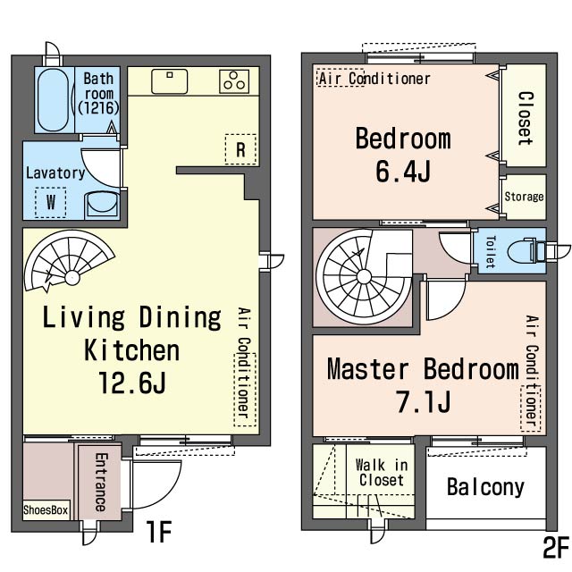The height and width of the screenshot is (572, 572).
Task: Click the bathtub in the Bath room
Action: (54, 99)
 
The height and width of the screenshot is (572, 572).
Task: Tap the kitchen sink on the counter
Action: (169, 81)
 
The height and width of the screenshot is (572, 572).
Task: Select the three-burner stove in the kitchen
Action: (234, 81)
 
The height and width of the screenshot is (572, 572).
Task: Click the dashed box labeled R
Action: (240, 149)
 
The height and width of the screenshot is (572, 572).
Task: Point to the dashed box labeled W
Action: (51, 202)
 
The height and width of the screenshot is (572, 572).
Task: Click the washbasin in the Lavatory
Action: (102, 206)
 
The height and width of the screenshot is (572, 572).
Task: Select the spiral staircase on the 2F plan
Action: (363, 276)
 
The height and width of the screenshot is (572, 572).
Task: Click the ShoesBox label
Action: (46, 509)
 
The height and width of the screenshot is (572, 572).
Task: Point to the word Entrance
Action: (101, 482)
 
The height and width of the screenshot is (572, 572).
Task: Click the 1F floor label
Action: (159, 532)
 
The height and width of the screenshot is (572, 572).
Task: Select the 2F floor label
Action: (556, 547)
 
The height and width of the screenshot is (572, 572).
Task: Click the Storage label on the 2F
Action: (524, 197)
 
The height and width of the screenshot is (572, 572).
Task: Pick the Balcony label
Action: (485, 487)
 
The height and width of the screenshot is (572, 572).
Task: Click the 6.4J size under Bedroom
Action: (403, 171)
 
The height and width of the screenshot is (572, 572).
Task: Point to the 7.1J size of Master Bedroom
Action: (424, 401)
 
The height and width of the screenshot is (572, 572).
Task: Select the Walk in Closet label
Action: (382, 473)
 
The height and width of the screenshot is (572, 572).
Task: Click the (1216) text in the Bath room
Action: (98, 107)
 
